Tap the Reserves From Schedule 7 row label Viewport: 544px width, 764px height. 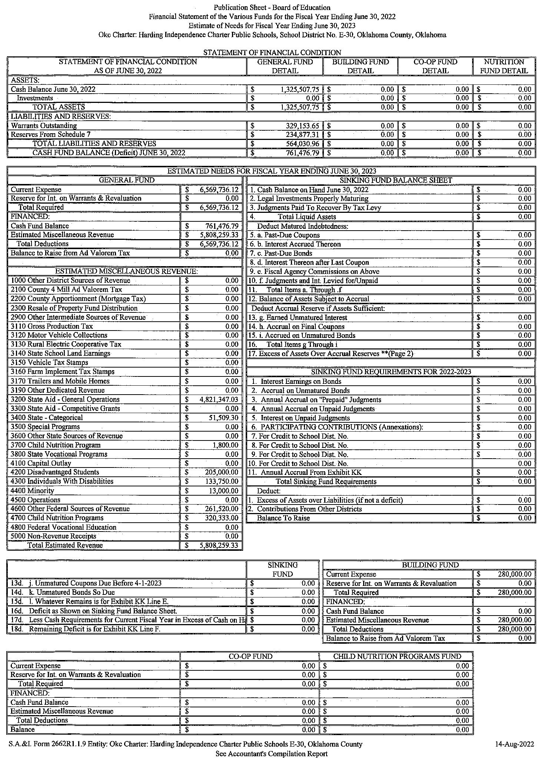click(50, 134)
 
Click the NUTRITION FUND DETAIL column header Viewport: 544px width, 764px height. click(504, 66)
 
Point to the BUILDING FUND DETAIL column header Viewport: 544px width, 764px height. click(360, 66)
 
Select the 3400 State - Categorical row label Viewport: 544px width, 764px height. click(47, 418)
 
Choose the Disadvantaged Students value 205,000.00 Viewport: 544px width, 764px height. click(221, 472)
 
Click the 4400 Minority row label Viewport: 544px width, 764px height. click(32, 490)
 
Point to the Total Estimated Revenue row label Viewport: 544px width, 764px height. click(65, 545)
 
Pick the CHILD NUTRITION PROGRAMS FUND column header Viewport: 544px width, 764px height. click(397, 656)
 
